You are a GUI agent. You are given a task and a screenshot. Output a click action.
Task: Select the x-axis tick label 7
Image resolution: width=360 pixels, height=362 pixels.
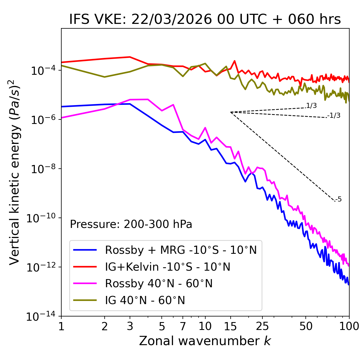point(183,326)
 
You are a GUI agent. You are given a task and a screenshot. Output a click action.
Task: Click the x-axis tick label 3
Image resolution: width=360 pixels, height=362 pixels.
point(130,326)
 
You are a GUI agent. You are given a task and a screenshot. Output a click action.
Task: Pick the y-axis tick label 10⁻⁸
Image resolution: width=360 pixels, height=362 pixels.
point(42,169)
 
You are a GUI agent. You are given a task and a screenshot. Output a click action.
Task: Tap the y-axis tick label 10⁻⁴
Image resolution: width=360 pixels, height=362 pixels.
point(42,71)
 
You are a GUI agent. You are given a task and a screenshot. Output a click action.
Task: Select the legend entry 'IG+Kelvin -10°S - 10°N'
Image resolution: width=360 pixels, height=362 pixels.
point(168,267)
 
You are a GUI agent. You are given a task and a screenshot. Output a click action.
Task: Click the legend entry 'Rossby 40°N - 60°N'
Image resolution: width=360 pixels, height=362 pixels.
point(159,284)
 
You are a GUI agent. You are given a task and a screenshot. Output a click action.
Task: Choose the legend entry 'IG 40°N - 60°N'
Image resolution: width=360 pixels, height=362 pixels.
point(145,300)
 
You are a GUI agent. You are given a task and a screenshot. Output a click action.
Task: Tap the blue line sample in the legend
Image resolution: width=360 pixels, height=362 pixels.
point(85,250)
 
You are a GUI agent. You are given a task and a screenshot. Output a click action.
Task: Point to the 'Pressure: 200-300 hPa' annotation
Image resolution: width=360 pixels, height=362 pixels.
point(131,224)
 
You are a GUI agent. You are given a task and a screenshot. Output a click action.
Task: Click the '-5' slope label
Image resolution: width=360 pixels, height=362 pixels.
point(338,200)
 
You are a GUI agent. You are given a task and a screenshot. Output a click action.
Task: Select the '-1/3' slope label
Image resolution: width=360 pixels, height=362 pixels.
point(334,116)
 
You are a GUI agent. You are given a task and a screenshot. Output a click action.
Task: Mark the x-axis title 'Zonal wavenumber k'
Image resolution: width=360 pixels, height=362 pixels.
point(205,341)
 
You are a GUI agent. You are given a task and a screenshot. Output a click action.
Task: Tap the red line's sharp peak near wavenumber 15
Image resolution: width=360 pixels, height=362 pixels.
point(234,61)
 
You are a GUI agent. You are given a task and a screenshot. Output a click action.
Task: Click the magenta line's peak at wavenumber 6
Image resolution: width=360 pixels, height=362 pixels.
point(173,105)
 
